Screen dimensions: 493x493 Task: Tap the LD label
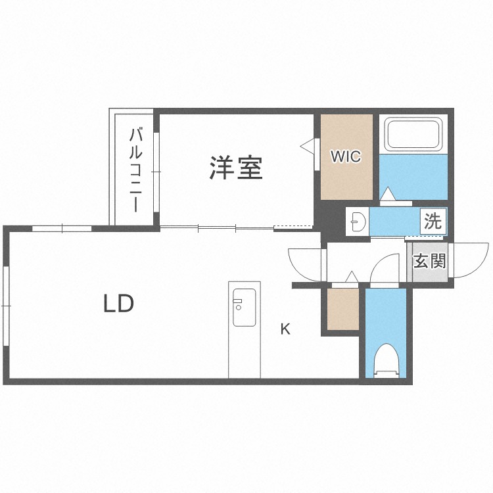(118, 303)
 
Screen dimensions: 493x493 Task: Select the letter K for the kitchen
(285, 329)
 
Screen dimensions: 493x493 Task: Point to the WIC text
(346, 156)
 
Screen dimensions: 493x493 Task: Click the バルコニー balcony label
(135, 170)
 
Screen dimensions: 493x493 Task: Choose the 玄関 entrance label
(429, 262)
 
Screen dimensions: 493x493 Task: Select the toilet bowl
(387, 360)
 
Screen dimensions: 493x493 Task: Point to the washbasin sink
(356, 222)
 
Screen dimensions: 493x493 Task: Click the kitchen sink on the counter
(244, 308)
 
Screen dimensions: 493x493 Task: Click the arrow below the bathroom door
(388, 194)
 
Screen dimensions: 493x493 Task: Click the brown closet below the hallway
(342, 308)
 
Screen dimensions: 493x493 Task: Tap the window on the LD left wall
(5, 306)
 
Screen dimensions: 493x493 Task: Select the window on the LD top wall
(62, 228)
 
